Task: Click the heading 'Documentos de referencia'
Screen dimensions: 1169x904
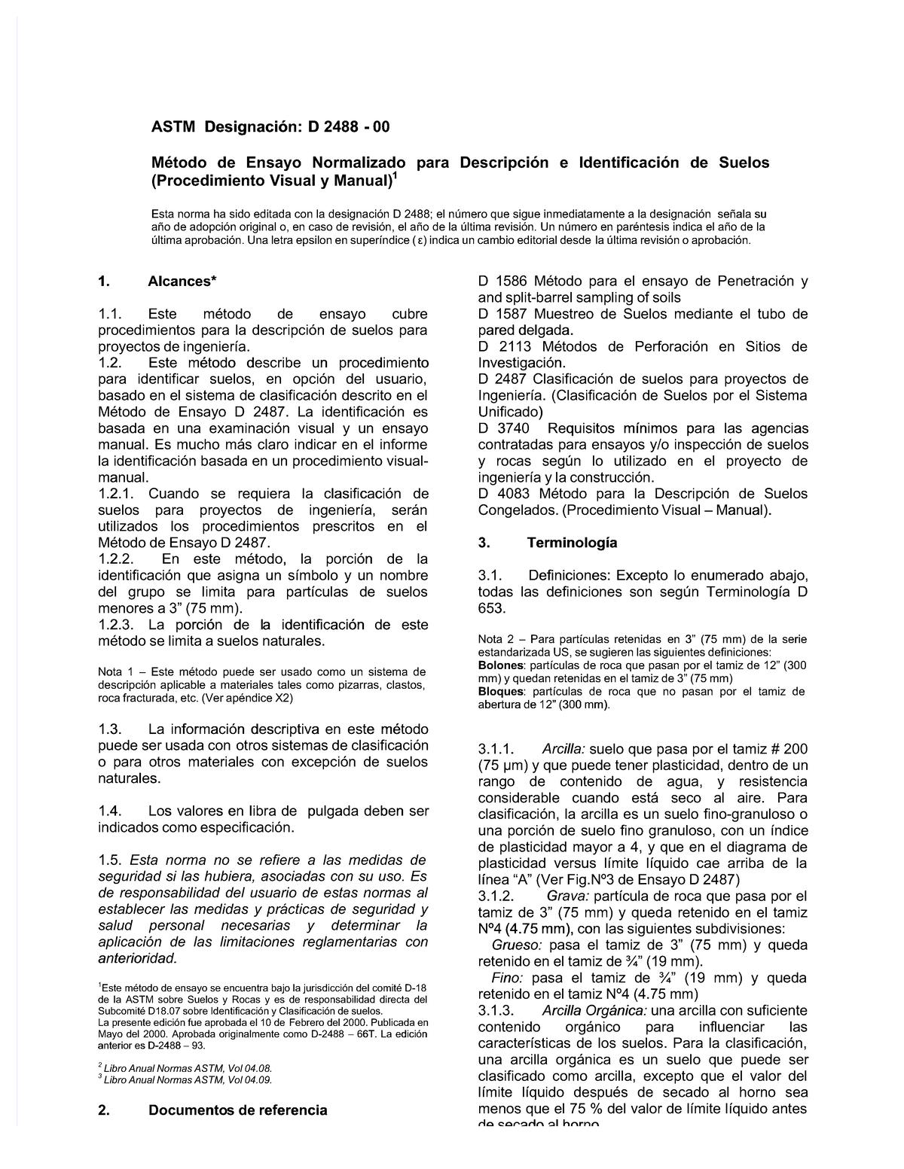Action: (x=237, y=1110)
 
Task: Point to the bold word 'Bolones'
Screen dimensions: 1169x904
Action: (x=501, y=666)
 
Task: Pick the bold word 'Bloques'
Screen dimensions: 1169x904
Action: (x=501, y=692)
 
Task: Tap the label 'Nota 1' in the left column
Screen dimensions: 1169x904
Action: (x=115, y=672)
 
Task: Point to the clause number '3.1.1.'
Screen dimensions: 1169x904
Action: (x=497, y=750)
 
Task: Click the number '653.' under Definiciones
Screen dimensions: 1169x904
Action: (x=493, y=608)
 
